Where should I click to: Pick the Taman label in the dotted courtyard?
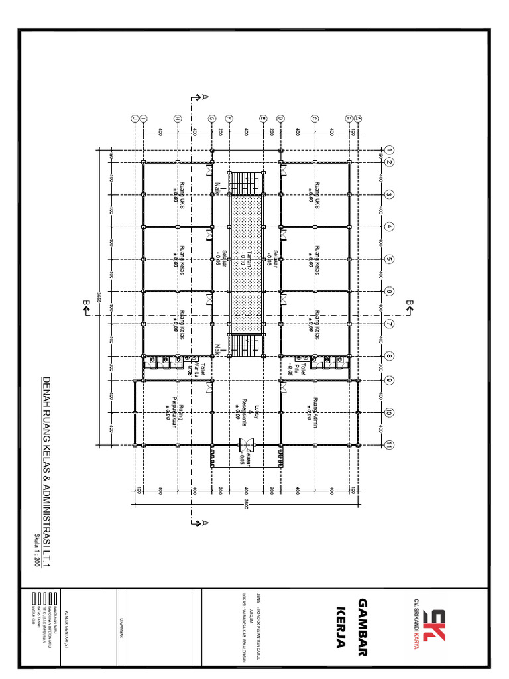pos(246,259)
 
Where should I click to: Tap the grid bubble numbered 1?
pos(390,149)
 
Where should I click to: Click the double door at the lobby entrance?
pos(245,445)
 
